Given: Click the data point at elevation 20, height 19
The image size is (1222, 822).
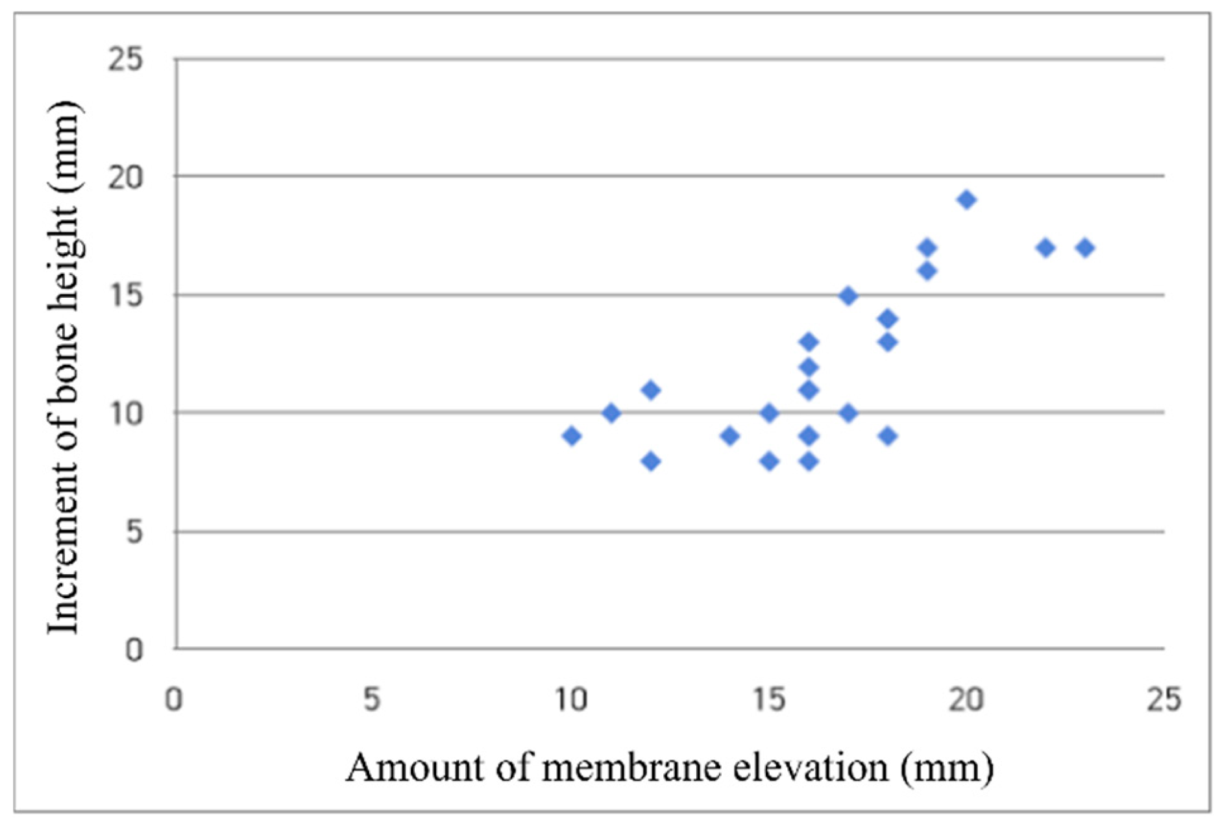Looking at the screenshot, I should tap(966, 200).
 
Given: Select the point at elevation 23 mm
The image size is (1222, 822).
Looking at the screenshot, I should tap(1085, 248).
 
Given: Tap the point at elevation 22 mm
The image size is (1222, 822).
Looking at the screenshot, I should tap(1045, 248).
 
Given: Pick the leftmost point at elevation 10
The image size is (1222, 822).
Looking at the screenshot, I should tap(571, 436).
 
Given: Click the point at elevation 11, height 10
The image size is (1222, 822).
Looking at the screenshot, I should tap(611, 413).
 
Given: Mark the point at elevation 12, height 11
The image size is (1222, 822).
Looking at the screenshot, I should tap(650, 390).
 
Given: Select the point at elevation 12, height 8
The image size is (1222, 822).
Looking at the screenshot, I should tap(650, 461).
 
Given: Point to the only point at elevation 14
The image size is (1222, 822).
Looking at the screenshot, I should tap(729, 436).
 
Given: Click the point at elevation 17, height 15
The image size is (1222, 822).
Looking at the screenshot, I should tap(848, 296).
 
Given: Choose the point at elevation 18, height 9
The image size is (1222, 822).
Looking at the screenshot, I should tap(888, 436).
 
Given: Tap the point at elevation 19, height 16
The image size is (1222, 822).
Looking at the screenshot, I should tap(927, 271).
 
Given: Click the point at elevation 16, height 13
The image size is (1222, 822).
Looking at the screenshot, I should tap(808, 342).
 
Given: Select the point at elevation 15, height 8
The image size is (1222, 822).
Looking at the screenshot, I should tap(769, 461).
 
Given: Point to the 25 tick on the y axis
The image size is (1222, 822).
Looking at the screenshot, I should tap(126, 60).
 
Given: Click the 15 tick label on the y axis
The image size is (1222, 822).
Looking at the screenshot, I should tap(126, 296).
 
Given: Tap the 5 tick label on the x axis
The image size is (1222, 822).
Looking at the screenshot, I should tap(371, 700).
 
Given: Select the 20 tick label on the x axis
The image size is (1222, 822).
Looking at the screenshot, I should tap(966, 700).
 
